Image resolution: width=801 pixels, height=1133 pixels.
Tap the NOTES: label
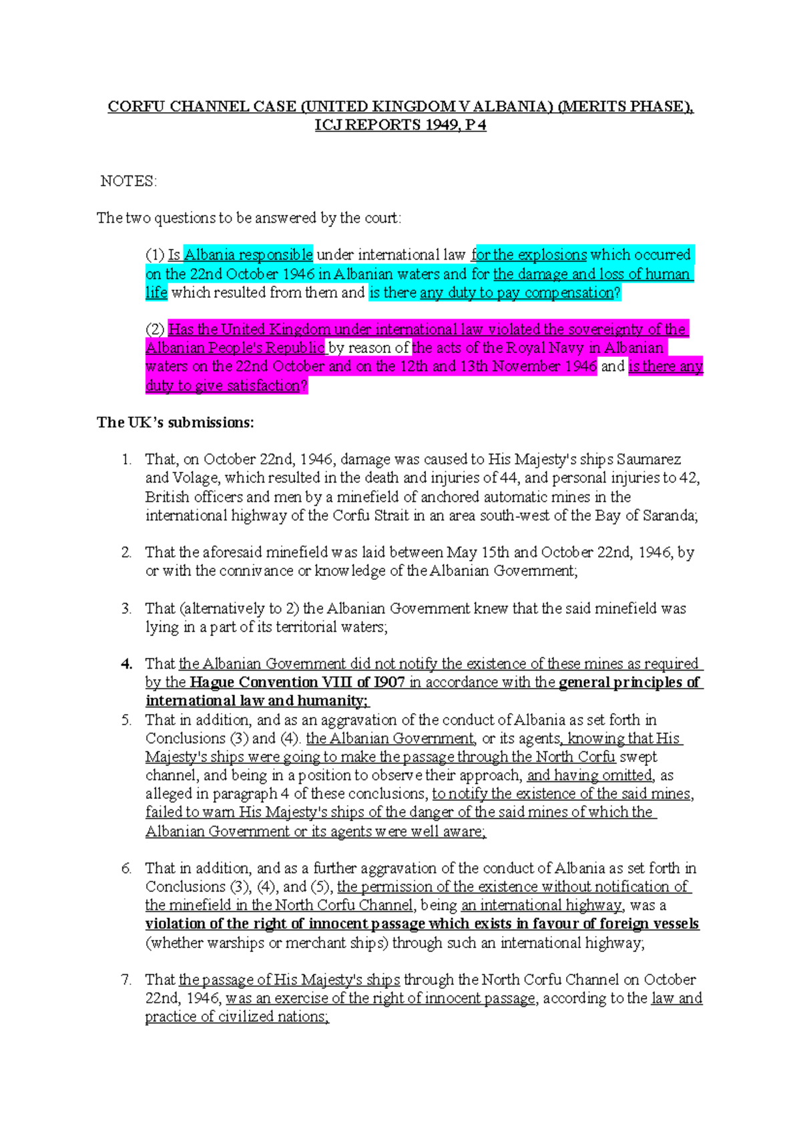pyautogui.click(x=128, y=181)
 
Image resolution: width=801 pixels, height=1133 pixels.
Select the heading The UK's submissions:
pyautogui.click(x=175, y=422)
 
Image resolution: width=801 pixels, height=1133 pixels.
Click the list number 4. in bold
pyautogui.click(x=127, y=664)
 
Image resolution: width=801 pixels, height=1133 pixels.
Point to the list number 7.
pyautogui.click(x=126, y=980)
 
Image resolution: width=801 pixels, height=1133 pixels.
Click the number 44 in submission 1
pyautogui.click(x=509, y=478)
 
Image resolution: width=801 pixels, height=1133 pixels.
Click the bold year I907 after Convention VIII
pyautogui.click(x=389, y=683)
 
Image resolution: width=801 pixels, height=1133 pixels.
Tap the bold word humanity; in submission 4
pyautogui.click(x=332, y=701)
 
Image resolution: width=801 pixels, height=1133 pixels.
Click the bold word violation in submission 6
pyautogui.click(x=176, y=924)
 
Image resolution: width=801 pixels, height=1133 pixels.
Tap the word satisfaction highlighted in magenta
pyautogui.click(x=262, y=386)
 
